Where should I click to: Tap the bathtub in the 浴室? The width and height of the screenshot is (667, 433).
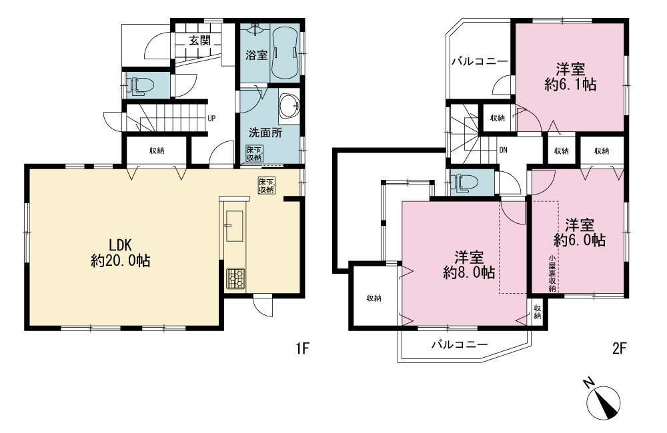pos(284,53)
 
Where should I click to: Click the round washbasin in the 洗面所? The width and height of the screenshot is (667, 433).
pos(290,105)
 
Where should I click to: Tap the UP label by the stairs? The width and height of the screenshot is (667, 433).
pos(211,119)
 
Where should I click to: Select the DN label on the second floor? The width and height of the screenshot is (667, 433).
pos(503,150)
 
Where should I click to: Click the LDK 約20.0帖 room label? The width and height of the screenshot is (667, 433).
pos(120,252)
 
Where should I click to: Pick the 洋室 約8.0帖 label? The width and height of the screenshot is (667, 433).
pos(469,264)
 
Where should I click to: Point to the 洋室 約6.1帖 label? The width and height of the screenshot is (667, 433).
pos(570,77)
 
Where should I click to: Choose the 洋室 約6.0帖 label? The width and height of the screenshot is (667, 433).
pos(580,232)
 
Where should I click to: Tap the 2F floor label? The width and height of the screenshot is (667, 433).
pos(620,349)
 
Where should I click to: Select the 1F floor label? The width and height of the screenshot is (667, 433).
pos(301,349)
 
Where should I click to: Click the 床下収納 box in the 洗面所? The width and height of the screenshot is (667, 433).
pos(254,153)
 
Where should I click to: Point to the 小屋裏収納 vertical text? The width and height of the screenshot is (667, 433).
pos(552,274)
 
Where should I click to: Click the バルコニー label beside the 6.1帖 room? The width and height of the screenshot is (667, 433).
pos(480,61)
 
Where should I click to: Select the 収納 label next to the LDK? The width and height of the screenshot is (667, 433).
pos(157,151)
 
